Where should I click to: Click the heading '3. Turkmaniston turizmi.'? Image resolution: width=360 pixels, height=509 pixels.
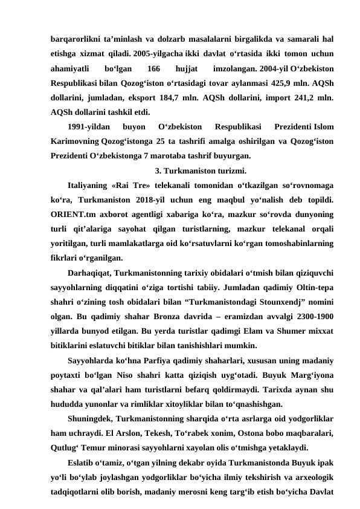tap(201, 169)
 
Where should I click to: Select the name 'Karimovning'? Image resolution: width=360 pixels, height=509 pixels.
tap(76, 141)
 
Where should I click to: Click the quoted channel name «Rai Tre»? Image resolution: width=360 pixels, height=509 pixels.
tap(132, 184)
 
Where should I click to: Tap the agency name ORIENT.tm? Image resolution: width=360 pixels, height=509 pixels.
tap(72, 212)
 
